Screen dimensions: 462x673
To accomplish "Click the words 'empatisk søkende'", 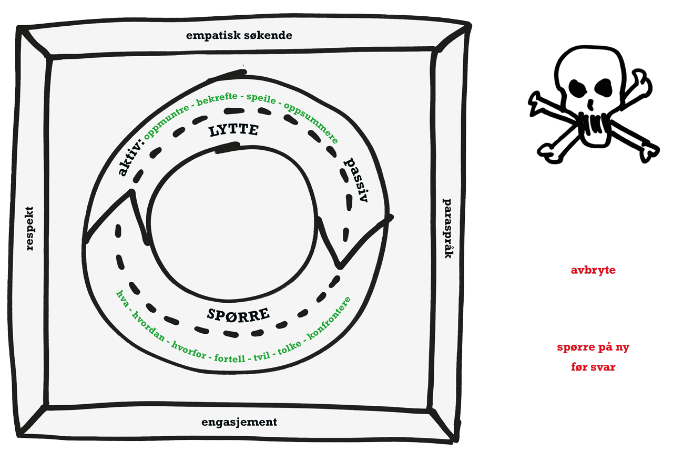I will coord(239,36).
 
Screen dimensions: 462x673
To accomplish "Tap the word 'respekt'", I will coord(29,228).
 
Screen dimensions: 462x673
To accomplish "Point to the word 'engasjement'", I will coord(239,422).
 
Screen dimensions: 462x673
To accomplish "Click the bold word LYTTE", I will coord(233,131).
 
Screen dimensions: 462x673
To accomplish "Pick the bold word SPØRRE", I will coord(239,315).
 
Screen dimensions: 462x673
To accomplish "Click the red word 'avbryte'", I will coord(593,271).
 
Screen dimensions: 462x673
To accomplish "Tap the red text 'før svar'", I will coord(593,367).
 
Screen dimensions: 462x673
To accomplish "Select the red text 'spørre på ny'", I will coord(593,348).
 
